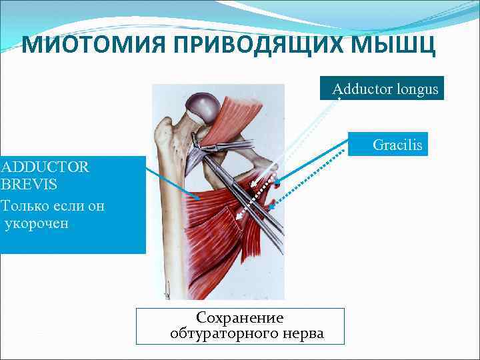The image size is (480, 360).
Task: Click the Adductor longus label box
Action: [382, 89]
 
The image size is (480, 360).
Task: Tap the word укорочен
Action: [37, 223]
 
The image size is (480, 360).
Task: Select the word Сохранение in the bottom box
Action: [240, 318]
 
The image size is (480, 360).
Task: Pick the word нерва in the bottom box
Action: [303, 333]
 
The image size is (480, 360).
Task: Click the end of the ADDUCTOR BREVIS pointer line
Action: [199, 199]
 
